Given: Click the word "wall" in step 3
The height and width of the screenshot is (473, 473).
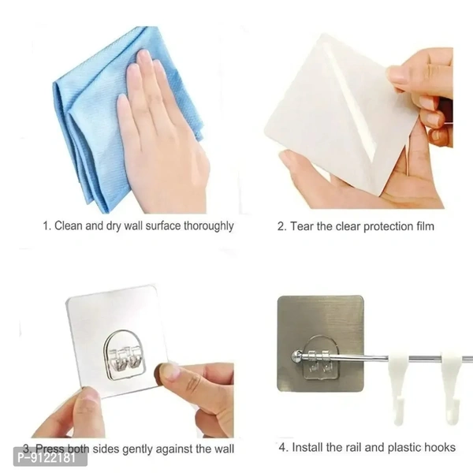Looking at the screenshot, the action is coord(223,449).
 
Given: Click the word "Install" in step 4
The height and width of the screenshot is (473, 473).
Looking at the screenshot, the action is coord(307,447).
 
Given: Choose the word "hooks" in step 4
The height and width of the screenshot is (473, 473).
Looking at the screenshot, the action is coord(440,447).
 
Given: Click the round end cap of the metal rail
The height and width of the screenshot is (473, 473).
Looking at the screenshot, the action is coord(296,356).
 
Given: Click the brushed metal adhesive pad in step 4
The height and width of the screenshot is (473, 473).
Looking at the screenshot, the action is coord(320,344).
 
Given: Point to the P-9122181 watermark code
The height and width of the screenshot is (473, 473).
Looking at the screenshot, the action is coord(47,458).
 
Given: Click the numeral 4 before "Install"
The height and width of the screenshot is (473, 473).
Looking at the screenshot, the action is coord(282,447).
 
